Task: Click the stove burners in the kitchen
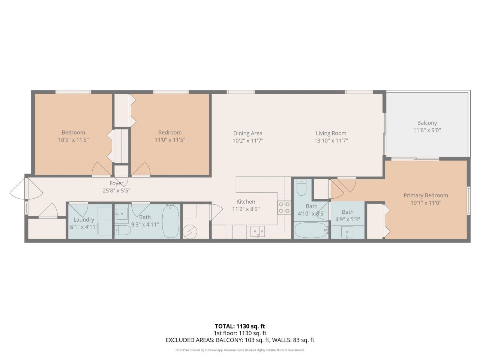(284, 207)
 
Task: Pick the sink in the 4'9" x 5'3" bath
(348, 232)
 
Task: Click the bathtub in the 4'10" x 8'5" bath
(311, 230)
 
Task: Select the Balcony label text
(427, 123)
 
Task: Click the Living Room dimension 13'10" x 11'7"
(331, 141)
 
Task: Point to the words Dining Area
(247, 133)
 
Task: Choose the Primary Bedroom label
(426, 195)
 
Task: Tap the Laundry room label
(84, 220)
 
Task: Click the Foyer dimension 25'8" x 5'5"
(116, 190)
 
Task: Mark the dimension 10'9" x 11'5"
(73, 139)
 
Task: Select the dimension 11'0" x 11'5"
(169, 139)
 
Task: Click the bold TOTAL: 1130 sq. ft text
(240, 326)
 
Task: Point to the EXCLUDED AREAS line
(240, 340)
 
